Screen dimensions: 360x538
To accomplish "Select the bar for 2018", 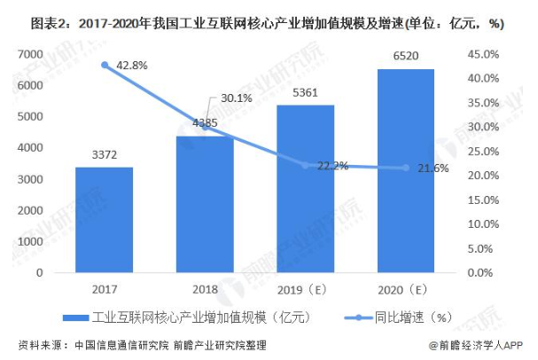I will tap(205, 204).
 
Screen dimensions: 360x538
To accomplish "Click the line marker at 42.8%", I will tap(105, 65).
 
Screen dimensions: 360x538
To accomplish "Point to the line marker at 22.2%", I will tap(306, 165).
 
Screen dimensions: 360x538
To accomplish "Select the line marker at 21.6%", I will tap(407, 168).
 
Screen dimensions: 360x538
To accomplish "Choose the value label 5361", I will tap(306, 94).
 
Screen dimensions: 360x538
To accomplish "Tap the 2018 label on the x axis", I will tap(205, 289).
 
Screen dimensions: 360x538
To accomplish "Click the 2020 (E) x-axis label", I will tap(407, 289).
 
